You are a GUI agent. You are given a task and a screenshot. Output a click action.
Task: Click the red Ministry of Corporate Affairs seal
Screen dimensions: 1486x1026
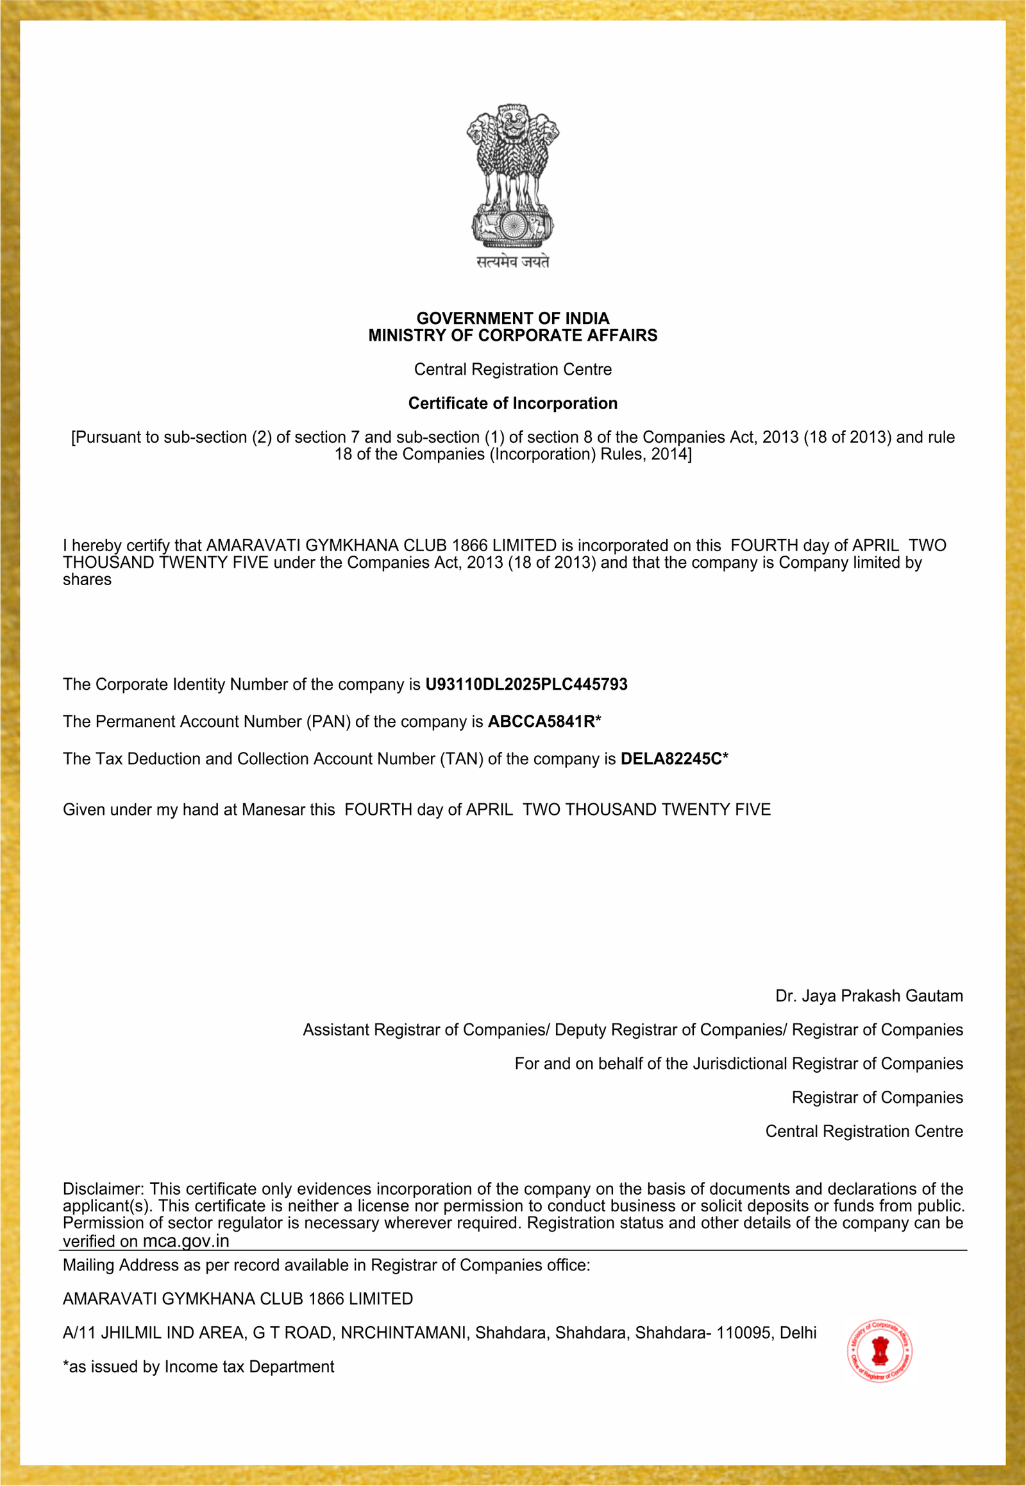tap(879, 1351)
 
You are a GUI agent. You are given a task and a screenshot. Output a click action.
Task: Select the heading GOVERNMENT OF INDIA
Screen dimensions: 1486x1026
tap(512, 318)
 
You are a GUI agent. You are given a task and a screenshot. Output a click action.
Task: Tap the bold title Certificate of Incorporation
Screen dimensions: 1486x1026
tap(512, 404)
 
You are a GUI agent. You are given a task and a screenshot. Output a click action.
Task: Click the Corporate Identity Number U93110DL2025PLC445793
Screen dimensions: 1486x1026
tap(526, 685)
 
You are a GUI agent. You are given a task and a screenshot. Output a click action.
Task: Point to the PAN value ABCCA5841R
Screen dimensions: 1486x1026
tap(541, 722)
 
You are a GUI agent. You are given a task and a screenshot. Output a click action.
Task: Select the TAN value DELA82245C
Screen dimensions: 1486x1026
tap(671, 759)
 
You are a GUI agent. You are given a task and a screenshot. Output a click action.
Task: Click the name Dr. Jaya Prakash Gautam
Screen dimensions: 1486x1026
tap(868, 996)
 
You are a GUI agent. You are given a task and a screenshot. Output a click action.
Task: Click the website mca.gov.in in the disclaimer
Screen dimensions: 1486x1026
tap(185, 1241)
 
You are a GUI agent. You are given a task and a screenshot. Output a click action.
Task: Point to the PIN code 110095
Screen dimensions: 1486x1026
tap(743, 1333)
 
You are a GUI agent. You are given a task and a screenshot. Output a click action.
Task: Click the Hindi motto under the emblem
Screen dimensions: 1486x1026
tap(512, 262)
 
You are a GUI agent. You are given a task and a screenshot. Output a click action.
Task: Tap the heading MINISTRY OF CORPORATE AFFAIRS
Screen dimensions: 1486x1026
tap(512, 336)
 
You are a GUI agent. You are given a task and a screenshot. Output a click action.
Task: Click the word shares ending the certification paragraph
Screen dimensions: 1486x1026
tap(87, 580)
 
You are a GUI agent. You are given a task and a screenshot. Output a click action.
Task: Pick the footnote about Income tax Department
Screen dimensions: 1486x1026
tap(198, 1367)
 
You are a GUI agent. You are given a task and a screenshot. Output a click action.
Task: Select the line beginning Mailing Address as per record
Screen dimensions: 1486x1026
tap(326, 1265)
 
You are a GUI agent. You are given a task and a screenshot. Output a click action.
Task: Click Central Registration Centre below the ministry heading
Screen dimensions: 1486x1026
tap(512, 370)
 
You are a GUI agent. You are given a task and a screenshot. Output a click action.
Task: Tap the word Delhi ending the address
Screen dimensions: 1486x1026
tap(798, 1333)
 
